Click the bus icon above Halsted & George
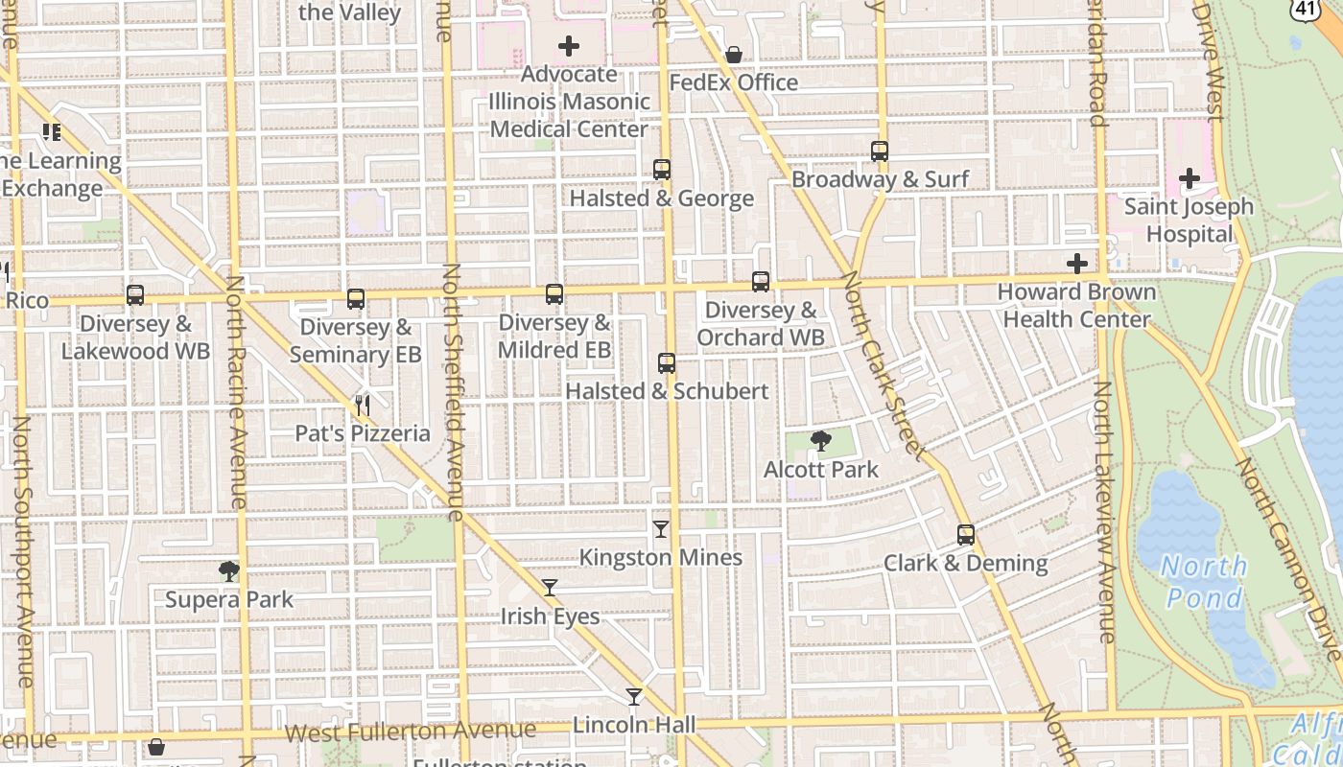[662, 170]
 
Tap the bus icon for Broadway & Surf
[880, 151]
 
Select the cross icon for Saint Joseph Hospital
[1190, 178]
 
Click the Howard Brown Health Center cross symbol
[1077, 264]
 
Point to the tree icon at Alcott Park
[821, 441]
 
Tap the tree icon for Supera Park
[228, 571]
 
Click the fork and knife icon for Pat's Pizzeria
[363, 406]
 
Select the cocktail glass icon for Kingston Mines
[661, 528]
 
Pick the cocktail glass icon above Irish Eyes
[550, 588]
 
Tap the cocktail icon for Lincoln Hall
[634, 697]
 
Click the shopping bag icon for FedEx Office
[734, 55]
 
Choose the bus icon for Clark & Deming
[966, 535]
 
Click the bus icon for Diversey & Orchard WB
[761, 282]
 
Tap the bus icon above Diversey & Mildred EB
[554, 294]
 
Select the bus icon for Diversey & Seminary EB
[356, 299]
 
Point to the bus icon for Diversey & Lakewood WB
[135, 295]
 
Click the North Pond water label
[1204, 582]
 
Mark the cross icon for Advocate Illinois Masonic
[569, 46]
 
